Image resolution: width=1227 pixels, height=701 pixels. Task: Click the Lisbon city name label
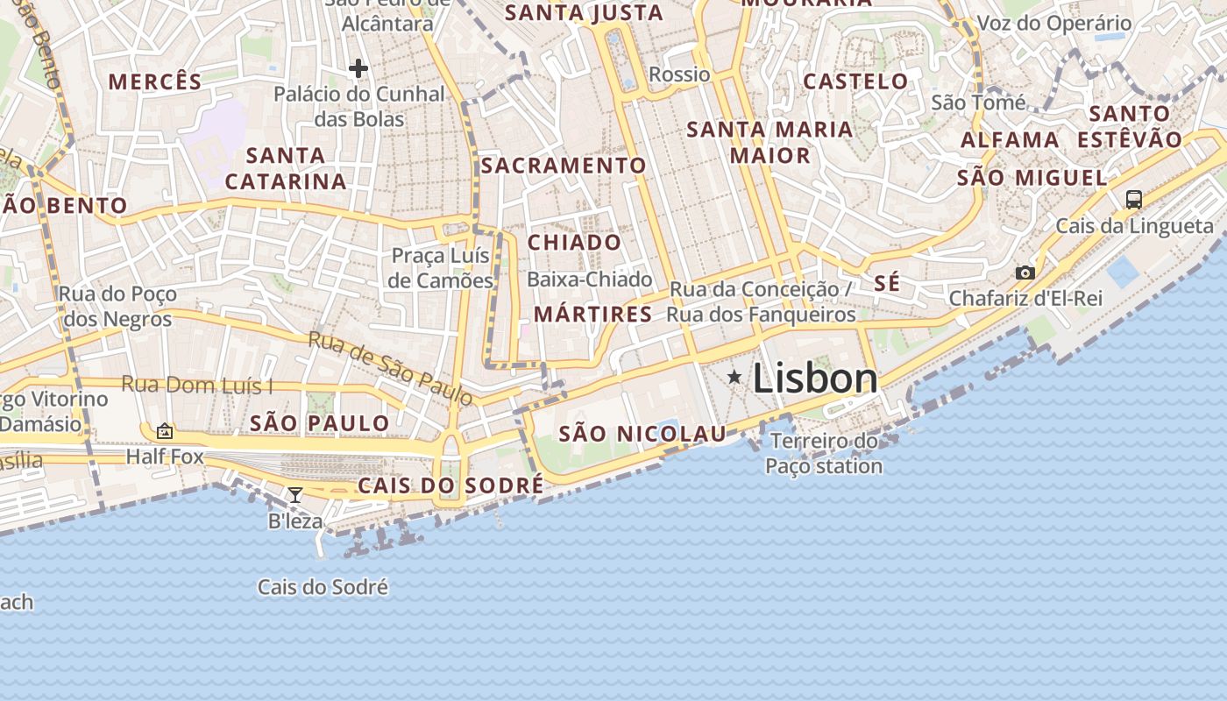[x=814, y=379]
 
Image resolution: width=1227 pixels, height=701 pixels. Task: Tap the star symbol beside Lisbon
[x=734, y=377]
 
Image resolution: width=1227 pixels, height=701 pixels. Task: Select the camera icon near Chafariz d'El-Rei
[x=1025, y=273]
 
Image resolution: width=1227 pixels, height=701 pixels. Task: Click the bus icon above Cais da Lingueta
[x=1133, y=199]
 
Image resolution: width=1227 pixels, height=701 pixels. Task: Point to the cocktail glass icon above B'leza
[x=295, y=495]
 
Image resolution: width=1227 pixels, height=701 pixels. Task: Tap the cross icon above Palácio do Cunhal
[x=358, y=68]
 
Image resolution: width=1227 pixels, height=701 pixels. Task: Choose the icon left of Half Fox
[x=164, y=431]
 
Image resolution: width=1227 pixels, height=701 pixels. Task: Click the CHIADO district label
[x=574, y=243]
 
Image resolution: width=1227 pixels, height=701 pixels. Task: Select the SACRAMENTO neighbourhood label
[x=563, y=166]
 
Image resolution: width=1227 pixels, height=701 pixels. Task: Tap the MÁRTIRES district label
[x=592, y=315]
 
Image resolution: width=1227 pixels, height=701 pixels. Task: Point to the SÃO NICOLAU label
[x=642, y=434]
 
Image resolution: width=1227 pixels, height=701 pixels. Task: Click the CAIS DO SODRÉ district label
[x=450, y=485]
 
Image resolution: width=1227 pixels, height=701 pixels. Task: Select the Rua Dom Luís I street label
[x=197, y=385]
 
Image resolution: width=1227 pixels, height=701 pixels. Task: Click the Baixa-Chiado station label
[x=590, y=280]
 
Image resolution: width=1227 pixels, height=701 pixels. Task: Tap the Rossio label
[x=679, y=74]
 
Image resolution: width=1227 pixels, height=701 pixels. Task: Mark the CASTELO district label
[x=855, y=81]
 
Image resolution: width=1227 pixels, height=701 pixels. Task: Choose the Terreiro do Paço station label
[x=824, y=453]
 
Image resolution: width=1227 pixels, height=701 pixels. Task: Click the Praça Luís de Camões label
[x=442, y=268]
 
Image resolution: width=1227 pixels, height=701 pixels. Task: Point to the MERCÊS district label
[x=154, y=82]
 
